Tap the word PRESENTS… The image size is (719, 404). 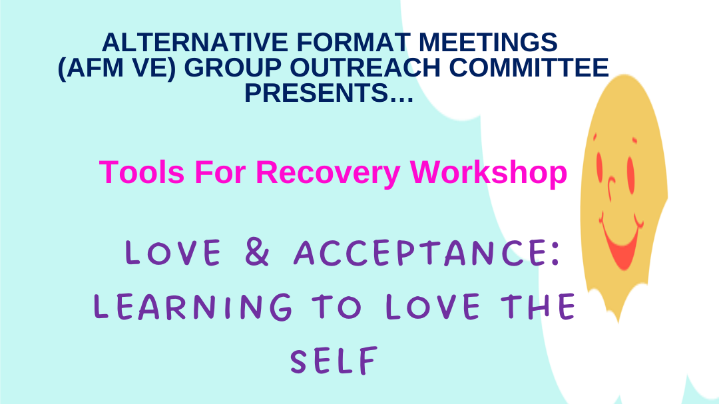tap(330, 93)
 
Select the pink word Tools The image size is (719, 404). tap(142, 172)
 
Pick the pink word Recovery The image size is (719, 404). tap(328, 172)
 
